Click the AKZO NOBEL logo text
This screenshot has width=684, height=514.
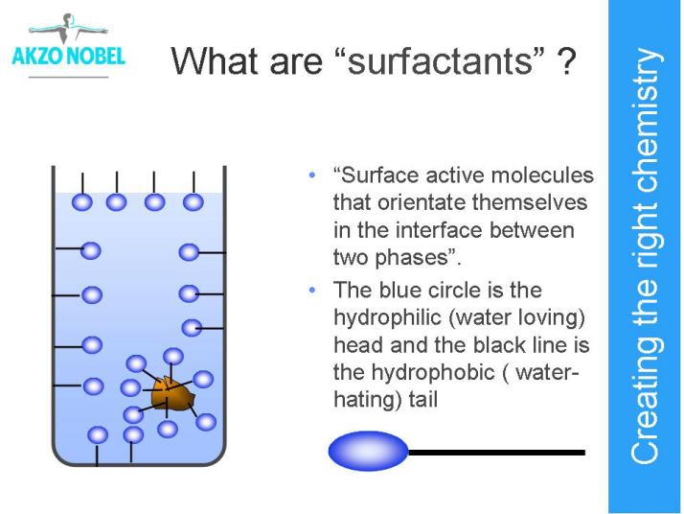[68, 57]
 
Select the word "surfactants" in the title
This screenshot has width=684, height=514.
[441, 60]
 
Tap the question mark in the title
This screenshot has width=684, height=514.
[566, 60]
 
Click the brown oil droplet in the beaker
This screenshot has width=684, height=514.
[171, 394]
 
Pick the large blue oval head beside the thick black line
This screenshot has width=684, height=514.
[368, 451]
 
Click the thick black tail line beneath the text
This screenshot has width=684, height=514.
[496, 453]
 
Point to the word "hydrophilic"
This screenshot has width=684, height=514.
[387, 317]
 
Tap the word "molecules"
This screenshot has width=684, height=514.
[542, 175]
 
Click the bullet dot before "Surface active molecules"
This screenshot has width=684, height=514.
[311, 176]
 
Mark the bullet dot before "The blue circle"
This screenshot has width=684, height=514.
[311, 291]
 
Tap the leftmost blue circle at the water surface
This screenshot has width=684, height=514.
[82, 202]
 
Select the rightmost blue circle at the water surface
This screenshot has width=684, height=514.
[194, 202]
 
